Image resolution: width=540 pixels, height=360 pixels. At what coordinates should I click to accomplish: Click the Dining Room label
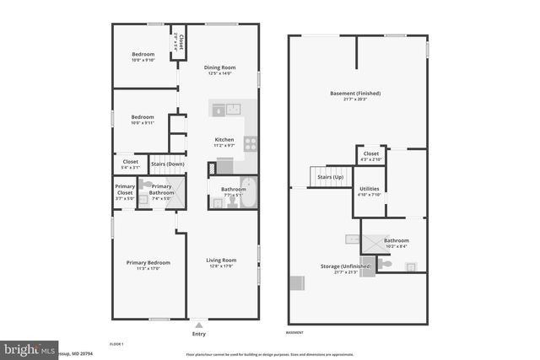pyautogui.click(x=220, y=67)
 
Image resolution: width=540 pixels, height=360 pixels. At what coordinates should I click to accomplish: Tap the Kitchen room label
pyautogui.click(x=224, y=139)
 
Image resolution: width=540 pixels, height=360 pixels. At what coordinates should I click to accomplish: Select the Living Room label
pyautogui.click(x=220, y=260)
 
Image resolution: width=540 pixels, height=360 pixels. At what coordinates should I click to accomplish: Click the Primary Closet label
pyautogui.click(x=124, y=189)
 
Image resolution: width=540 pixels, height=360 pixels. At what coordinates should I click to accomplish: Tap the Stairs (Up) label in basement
pyautogui.click(x=330, y=177)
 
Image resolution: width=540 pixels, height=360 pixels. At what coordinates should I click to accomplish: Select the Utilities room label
pyautogui.click(x=370, y=189)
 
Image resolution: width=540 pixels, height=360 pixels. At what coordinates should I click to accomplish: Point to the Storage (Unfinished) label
pyautogui.click(x=346, y=266)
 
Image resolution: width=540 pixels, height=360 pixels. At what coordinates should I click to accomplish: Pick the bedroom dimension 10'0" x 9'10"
pyautogui.click(x=143, y=60)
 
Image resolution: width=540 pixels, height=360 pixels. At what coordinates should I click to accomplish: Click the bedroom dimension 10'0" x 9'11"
pyautogui.click(x=143, y=123)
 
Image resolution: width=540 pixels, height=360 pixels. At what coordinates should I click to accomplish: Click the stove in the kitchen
pyautogui.click(x=251, y=143)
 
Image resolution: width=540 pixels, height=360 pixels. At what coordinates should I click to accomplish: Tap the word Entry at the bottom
pyautogui.click(x=199, y=334)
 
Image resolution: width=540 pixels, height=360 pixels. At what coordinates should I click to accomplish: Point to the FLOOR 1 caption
pyautogui.click(x=117, y=344)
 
